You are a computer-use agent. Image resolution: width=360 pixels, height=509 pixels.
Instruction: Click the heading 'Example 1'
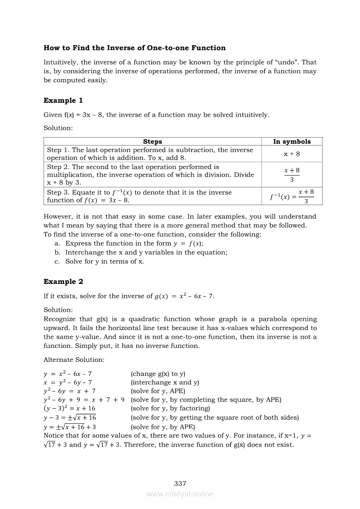[x=63, y=101]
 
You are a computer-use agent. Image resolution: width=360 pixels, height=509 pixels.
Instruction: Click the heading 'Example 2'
[x=63, y=282]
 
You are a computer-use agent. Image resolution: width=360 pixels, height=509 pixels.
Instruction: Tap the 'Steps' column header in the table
[x=153, y=142]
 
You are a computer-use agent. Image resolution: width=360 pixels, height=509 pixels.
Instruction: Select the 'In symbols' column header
[x=292, y=142]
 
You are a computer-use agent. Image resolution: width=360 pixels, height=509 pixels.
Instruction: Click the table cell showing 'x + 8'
[x=292, y=154]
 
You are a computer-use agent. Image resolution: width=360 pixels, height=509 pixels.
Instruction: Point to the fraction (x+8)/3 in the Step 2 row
[x=292, y=175]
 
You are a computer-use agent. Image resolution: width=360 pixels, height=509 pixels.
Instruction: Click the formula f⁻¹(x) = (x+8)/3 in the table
[x=292, y=196]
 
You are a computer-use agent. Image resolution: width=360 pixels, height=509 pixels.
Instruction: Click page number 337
[x=180, y=483]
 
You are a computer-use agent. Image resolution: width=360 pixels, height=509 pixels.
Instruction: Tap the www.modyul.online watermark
[x=180, y=494]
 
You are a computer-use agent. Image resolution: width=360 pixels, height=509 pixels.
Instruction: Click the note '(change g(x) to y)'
[x=158, y=374]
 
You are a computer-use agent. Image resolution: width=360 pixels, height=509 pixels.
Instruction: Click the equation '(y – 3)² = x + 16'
[x=70, y=408]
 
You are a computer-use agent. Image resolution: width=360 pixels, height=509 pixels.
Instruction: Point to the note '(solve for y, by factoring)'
[x=170, y=408]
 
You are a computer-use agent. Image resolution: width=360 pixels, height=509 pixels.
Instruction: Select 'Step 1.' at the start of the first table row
[x=58, y=150]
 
